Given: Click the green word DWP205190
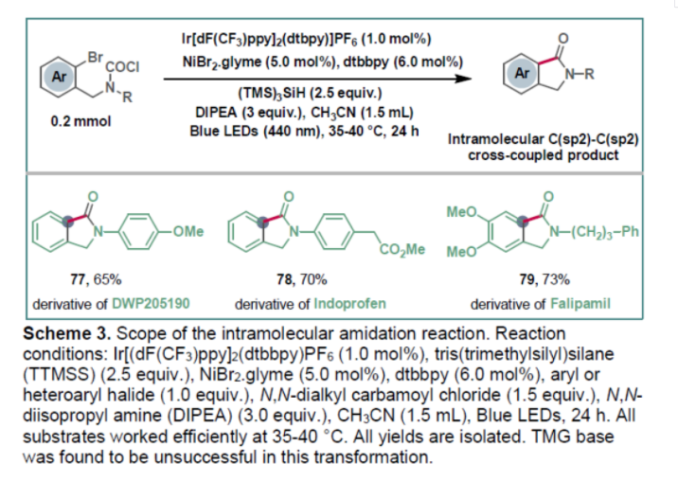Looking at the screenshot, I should (152, 305).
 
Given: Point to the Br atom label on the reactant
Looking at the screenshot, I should (95, 56).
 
